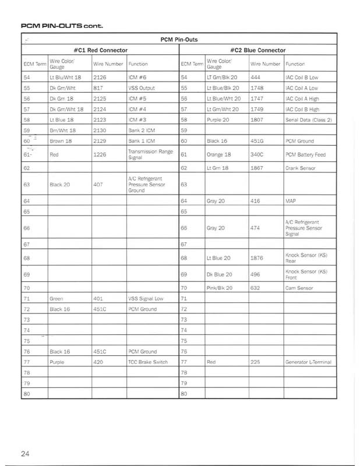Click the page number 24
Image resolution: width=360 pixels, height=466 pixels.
click(25, 454)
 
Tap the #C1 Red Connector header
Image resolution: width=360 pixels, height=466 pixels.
click(101, 51)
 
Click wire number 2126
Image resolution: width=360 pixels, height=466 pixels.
click(100, 77)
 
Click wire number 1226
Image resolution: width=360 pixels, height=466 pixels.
click(100, 154)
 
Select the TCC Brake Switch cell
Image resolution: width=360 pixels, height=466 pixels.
click(147, 362)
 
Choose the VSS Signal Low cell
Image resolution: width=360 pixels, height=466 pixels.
click(146, 298)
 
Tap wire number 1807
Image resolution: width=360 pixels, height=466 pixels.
click(257, 119)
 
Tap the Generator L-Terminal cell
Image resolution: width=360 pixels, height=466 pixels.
click(308, 362)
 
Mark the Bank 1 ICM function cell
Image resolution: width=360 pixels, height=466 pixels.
click(142, 140)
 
